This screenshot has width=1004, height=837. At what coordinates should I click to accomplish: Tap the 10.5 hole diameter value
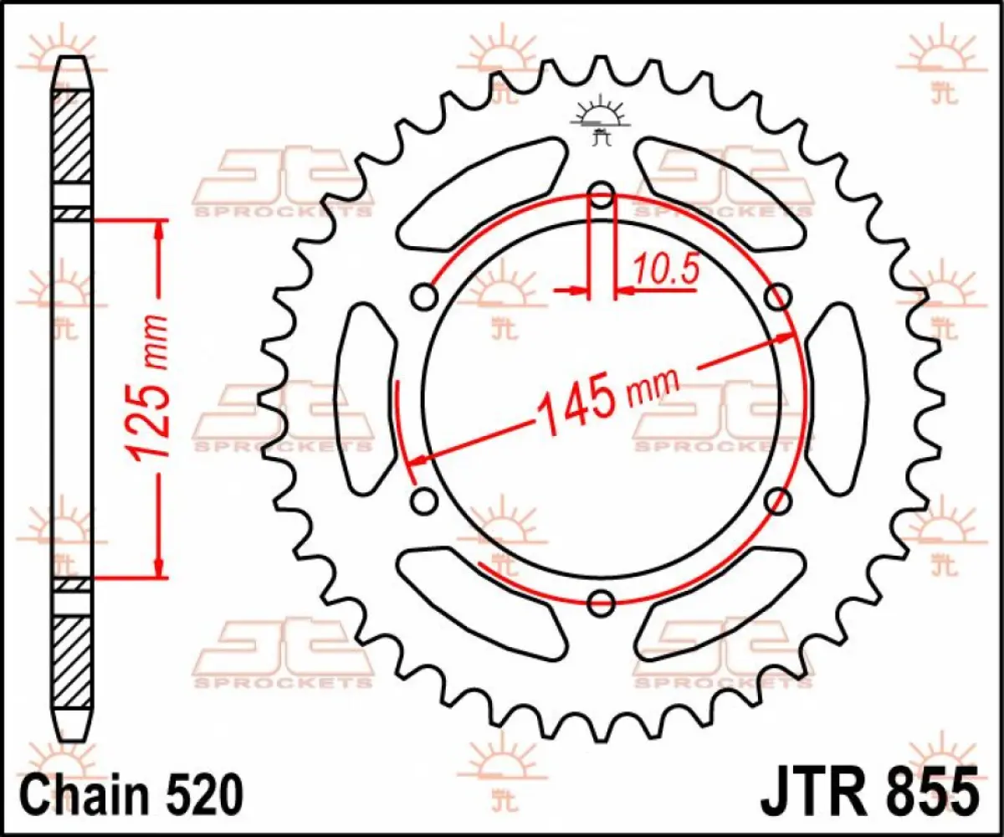click(665, 270)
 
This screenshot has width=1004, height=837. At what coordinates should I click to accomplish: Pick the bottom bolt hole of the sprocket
click(602, 601)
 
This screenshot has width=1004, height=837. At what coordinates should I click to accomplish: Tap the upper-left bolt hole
click(425, 297)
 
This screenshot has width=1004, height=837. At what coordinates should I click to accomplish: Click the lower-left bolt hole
click(425, 501)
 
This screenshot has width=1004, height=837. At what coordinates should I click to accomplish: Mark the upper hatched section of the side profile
click(73, 134)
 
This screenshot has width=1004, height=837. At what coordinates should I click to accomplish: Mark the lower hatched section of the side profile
click(73, 661)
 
